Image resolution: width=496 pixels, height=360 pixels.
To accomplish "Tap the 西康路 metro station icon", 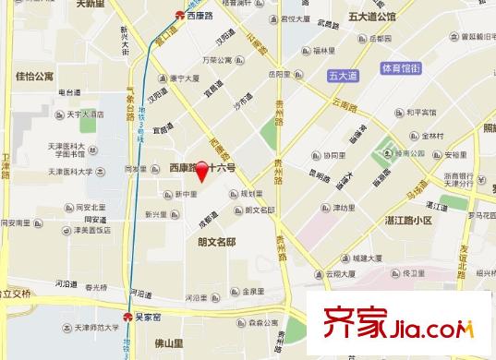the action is (180, 15).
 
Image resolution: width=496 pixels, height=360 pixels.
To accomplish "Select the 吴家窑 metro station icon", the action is (128, 314).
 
